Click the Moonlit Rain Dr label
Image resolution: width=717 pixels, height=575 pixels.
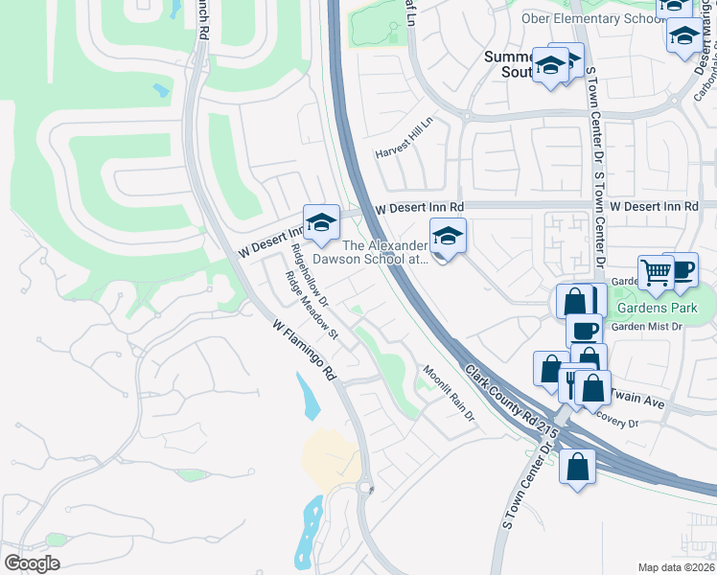[x=450, y=394]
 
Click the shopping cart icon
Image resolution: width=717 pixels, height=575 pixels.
[x=657, y=271]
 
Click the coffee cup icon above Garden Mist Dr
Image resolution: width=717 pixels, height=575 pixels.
[x=584, y=331]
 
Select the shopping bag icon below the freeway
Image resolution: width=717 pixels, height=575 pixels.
[x=578, y=468]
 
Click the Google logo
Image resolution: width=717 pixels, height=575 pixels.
[x=32, y=563]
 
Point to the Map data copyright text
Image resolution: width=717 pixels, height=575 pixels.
[x=677, y=567]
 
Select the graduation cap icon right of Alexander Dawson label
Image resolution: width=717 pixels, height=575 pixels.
[x=448, y=234]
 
